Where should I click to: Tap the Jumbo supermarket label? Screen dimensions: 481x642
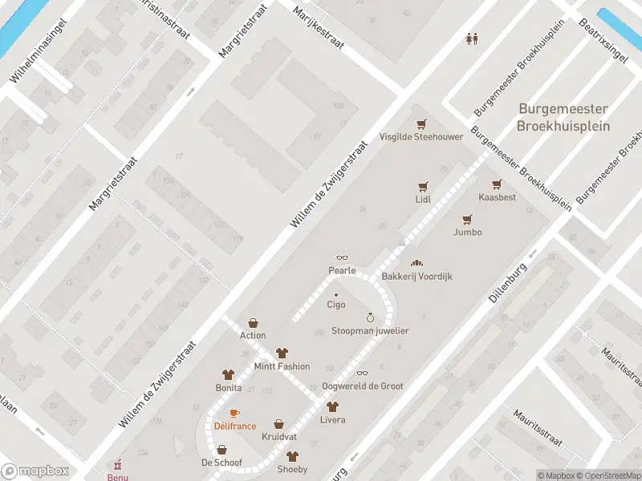coord(467,232)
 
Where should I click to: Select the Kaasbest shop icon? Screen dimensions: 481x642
coord(497,184)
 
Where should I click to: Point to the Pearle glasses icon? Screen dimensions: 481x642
coord(342,258)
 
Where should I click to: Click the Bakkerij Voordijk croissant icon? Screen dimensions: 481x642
coord(416,263)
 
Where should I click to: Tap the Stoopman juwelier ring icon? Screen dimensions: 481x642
coord(370,317)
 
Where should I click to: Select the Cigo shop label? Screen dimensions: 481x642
coord(335,305)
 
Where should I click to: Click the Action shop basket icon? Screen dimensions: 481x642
coord(253,322)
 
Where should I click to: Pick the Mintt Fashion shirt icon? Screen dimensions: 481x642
coord(282,353)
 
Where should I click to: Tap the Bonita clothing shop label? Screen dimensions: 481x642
coord(228,387)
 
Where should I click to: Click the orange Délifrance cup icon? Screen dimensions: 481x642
coord(234,413)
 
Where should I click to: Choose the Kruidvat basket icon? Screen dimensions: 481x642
coord(278,424)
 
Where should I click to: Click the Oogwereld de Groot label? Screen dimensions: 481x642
coord(362,386)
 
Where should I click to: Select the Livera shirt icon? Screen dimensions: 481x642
coord(332,406)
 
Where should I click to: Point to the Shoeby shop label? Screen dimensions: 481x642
coord(292,469)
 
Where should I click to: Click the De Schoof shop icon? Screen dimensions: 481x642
coord(221,450)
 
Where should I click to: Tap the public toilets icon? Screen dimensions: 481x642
coord(473,38)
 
